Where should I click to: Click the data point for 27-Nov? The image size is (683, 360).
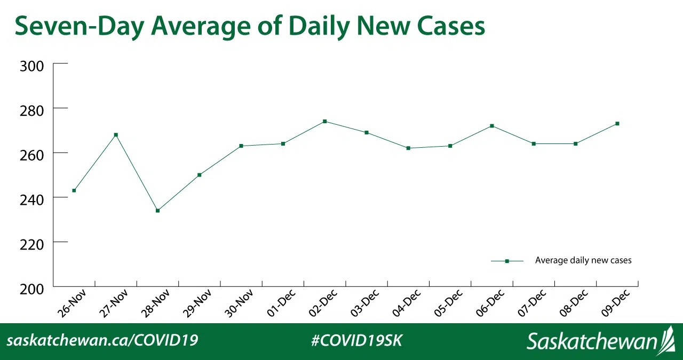coord(116,135)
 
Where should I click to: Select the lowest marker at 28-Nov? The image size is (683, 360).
coord(158,211)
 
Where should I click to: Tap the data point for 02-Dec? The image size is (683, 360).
coord(324,122)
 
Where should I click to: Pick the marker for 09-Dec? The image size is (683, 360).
coord(617,124)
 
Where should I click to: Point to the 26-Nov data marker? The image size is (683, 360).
coord(74,190)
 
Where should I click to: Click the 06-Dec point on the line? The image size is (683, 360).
coord(492,126)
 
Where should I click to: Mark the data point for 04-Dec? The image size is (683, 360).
coord(408,148)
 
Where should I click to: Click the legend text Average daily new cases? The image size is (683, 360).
coord(583,261)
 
